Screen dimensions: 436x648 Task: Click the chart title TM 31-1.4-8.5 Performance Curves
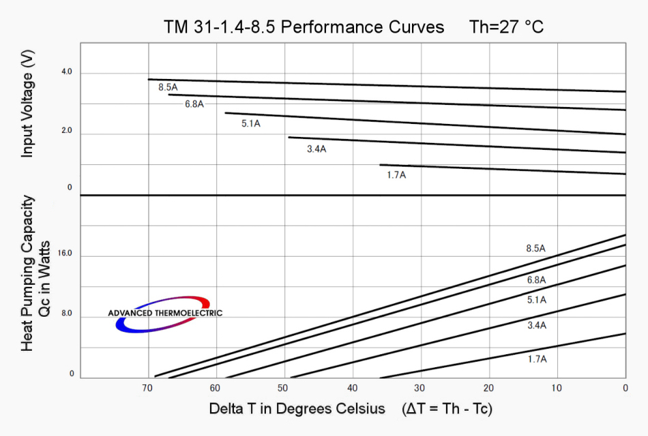(304, 27)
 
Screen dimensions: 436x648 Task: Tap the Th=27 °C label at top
(506, 27)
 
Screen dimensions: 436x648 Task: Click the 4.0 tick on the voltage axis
(66, 72)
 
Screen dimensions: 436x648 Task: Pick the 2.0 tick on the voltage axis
(66, 130)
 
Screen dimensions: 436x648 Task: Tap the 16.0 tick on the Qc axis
(65, 253)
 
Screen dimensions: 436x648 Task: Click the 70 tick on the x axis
(147, 388)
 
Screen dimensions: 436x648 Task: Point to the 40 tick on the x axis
(352, 388)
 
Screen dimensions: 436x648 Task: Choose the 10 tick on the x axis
(557, 388)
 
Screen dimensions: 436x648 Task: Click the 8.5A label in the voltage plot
(168, 87)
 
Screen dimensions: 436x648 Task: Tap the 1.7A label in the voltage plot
(396, 175)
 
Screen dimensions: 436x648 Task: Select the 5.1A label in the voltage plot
(251, 124)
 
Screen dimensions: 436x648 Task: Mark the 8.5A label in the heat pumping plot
(536, 249)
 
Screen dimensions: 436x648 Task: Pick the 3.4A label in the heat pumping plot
(537, 326)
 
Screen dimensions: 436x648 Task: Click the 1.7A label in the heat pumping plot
(537, 359)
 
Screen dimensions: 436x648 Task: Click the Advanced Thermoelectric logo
(164, 313)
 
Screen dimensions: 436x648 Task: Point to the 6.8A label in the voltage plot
(194, 104)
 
